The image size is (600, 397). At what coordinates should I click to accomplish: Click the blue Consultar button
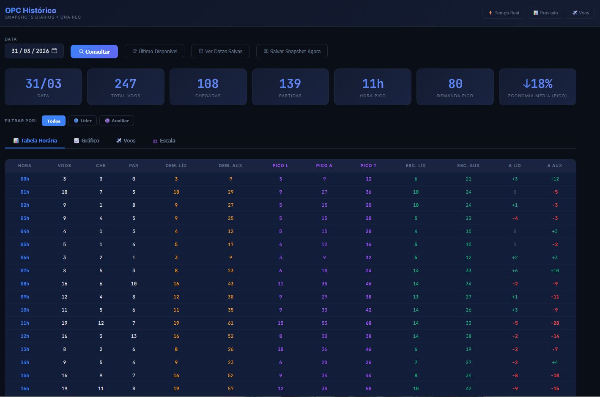(94, 52)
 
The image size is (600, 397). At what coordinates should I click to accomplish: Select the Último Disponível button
(155, 51)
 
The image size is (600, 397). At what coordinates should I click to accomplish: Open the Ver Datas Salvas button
(220, 51)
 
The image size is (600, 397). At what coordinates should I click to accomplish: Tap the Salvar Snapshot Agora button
(292, 51)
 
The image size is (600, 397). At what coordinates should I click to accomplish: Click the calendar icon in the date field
(55, 51)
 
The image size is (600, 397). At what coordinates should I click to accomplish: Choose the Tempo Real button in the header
(503, 13)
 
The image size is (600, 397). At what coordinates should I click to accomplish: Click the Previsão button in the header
(545, 13)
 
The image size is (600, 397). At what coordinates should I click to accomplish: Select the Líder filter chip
(82, 120)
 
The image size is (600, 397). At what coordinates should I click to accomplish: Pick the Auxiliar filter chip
(117, 120)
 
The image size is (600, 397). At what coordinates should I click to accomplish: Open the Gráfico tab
(87, 141)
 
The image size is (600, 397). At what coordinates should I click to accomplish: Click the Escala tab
(164, 141)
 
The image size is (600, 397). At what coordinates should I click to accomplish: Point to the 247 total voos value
(125, 84)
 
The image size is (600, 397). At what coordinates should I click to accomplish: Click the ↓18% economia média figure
(537, 84)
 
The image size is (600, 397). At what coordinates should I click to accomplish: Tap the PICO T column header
(368, 166)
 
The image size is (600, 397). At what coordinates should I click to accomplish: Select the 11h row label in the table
(25, 323)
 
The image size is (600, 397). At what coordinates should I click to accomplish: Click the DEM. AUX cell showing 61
(230, 323)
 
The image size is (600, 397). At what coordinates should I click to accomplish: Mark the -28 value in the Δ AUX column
(555, 323)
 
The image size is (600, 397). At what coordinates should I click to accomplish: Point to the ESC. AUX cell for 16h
(468, 389)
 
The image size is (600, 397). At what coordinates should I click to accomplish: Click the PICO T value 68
(368, 323)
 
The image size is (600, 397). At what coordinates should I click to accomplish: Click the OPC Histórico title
(30, 11)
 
